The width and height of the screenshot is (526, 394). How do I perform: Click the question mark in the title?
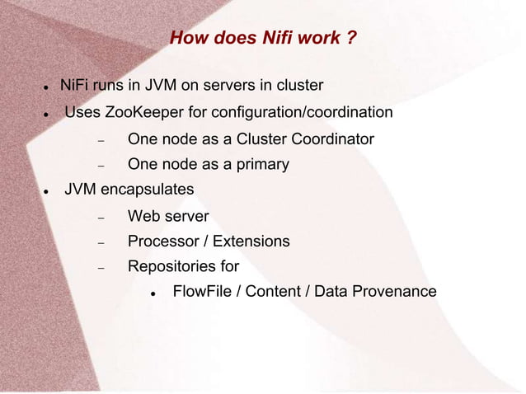[x=352, y=38]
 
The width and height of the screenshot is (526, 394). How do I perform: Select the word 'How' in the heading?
[x=187, y=38]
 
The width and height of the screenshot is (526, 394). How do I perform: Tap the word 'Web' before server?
[x=143, y=216]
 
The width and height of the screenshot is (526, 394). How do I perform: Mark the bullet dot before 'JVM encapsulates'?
[x=48, y=190]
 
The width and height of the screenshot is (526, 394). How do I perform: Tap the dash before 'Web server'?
[x=99, y=218]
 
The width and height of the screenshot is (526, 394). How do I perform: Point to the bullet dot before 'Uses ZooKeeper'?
[x=48, y=113]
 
